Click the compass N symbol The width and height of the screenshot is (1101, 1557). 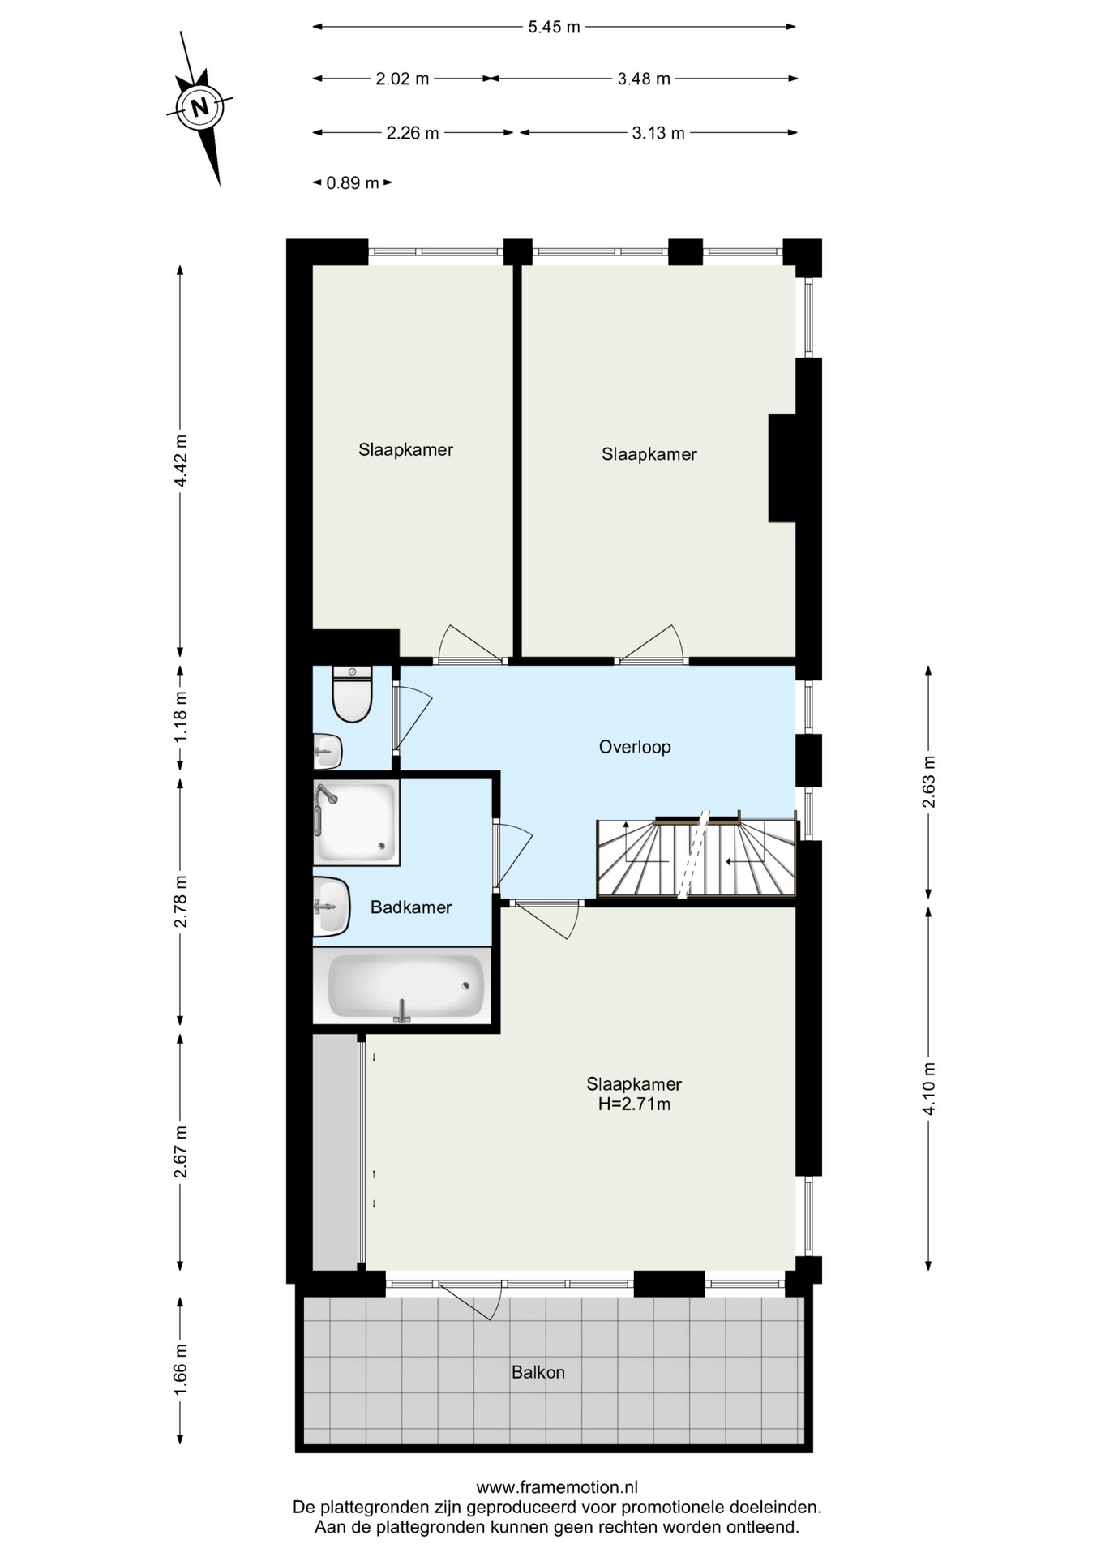[x=199, y=106]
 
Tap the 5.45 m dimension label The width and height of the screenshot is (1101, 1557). [x=555, y=27]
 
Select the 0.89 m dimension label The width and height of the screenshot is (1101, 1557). [x=353, y=183]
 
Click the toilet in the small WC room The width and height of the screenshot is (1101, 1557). [x=352, y=694]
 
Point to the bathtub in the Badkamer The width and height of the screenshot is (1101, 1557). [x=405, y=985]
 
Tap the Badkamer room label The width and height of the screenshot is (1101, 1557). [x=411, y=907]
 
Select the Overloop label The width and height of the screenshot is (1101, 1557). [x=635, y=747]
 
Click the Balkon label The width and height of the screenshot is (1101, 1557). [x=538, y=1372]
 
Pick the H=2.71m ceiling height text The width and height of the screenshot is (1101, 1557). [x=634, y=1104]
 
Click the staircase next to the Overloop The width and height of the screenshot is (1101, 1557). [x=696, y=857]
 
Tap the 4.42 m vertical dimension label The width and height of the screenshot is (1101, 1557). [x=181, y=461]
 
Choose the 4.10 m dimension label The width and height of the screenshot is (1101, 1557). [x=929, y=1088]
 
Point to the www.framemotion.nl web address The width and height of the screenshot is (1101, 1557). [x=557, y=1487]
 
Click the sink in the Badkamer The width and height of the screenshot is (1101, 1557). [x=332, y=907]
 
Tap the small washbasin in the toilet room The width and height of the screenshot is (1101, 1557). [x=328, y=752]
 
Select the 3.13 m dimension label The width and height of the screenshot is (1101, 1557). [x=658, y=133]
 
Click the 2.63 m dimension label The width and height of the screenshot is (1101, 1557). [x=929, y=782]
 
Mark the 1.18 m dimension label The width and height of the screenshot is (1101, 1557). [x=181, y=717]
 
